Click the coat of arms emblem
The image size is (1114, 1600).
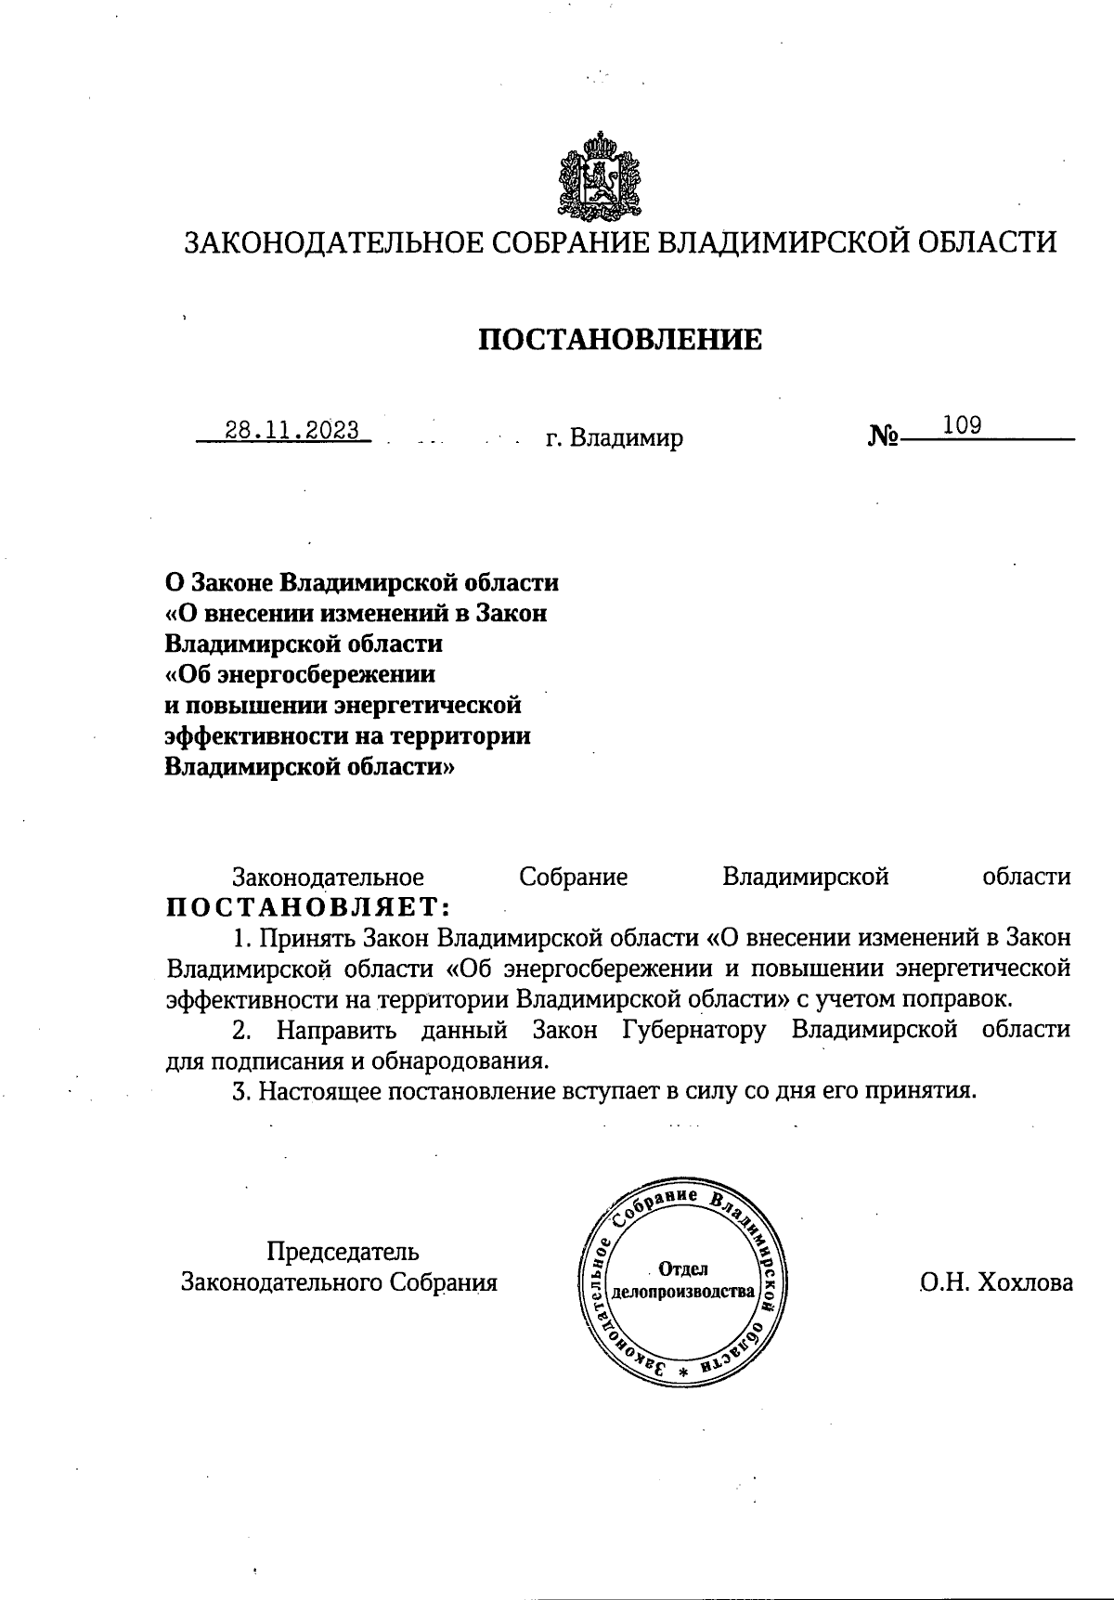pyautogui.click(x=600, y=176)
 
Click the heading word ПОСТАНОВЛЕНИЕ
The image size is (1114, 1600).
pyautogui.click(x=619, y=340)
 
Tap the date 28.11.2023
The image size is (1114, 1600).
pyautogui.click(x=292, y=430)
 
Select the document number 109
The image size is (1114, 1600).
pyautogui.click(x=962, y=425)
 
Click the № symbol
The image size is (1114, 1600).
pyautogui.click(x=883, y=436)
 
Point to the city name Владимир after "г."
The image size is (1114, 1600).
pyautogui.click(x=627, y=437)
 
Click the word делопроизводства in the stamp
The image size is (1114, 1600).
pyautogui.click(x=682, y=1292)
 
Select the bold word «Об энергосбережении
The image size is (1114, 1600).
pyautogui.click(x=300, y=673)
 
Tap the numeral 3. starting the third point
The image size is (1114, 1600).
pyautogui.click(x=242, y=1090)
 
